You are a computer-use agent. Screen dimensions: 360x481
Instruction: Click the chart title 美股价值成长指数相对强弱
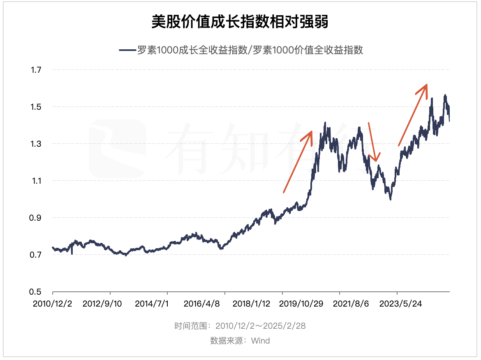240,22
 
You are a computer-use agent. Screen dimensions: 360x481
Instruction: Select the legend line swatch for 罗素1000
127,50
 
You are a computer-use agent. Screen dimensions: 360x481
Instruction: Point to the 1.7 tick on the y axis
36,70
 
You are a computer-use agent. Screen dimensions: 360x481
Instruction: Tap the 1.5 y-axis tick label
36,107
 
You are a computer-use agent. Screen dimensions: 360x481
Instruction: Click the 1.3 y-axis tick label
36,144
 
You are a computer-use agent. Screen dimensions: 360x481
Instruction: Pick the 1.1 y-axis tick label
36,181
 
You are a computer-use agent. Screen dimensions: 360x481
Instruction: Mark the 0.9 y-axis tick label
36,218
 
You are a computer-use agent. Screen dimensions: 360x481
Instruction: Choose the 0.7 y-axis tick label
36,255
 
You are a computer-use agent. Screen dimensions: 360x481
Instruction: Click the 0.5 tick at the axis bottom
36,292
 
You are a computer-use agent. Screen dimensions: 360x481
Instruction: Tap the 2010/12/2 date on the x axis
53,304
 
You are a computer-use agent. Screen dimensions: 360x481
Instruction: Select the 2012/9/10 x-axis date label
102,304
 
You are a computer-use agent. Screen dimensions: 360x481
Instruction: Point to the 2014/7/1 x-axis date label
152,304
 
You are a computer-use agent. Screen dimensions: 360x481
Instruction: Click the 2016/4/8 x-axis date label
202,304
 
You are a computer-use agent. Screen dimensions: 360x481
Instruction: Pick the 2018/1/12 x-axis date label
252,304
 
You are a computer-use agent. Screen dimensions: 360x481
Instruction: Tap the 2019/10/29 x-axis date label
302,304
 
